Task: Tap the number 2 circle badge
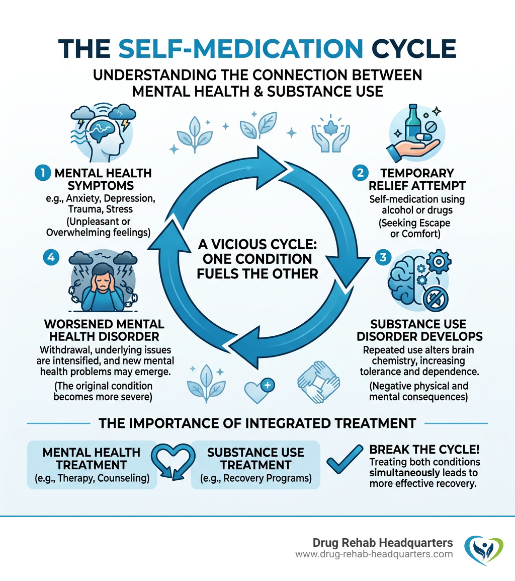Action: (x=361, y=173)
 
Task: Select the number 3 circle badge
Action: (x=383, y=257)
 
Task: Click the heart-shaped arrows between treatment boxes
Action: (x=174, y=463)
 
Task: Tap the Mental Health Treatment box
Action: (x=92, y=464)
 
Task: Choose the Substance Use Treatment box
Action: (x=255, y=464)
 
